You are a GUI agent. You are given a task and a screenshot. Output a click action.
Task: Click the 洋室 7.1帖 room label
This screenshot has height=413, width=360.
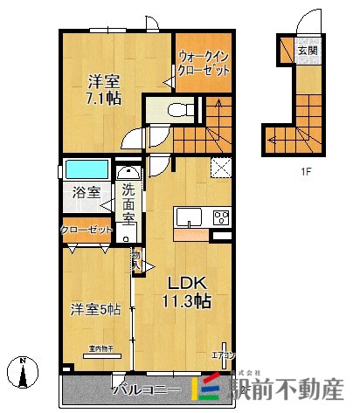(103, 89)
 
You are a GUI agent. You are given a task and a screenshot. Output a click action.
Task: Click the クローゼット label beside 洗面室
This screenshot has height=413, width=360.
(87, 230)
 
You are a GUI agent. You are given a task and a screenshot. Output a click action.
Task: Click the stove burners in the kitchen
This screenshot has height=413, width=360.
(220, 217)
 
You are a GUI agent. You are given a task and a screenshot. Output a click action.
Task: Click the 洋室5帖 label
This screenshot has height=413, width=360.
(94, 309)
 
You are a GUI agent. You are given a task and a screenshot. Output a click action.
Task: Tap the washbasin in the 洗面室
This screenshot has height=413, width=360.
(129, 174)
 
